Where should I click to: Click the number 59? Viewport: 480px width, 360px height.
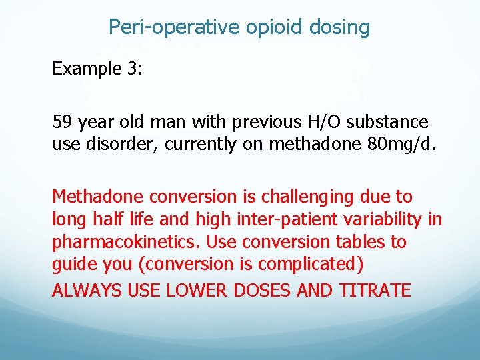coord(63,123)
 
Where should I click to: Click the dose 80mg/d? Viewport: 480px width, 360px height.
coord(397,145)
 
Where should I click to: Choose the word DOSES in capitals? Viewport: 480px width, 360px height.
coord(251,291)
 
